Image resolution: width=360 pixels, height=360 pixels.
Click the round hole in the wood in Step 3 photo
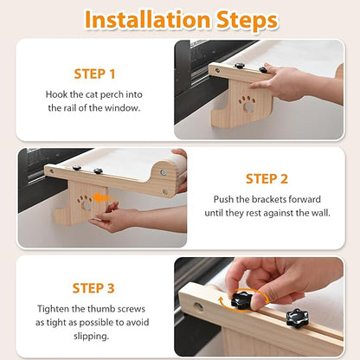coord(198,306)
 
